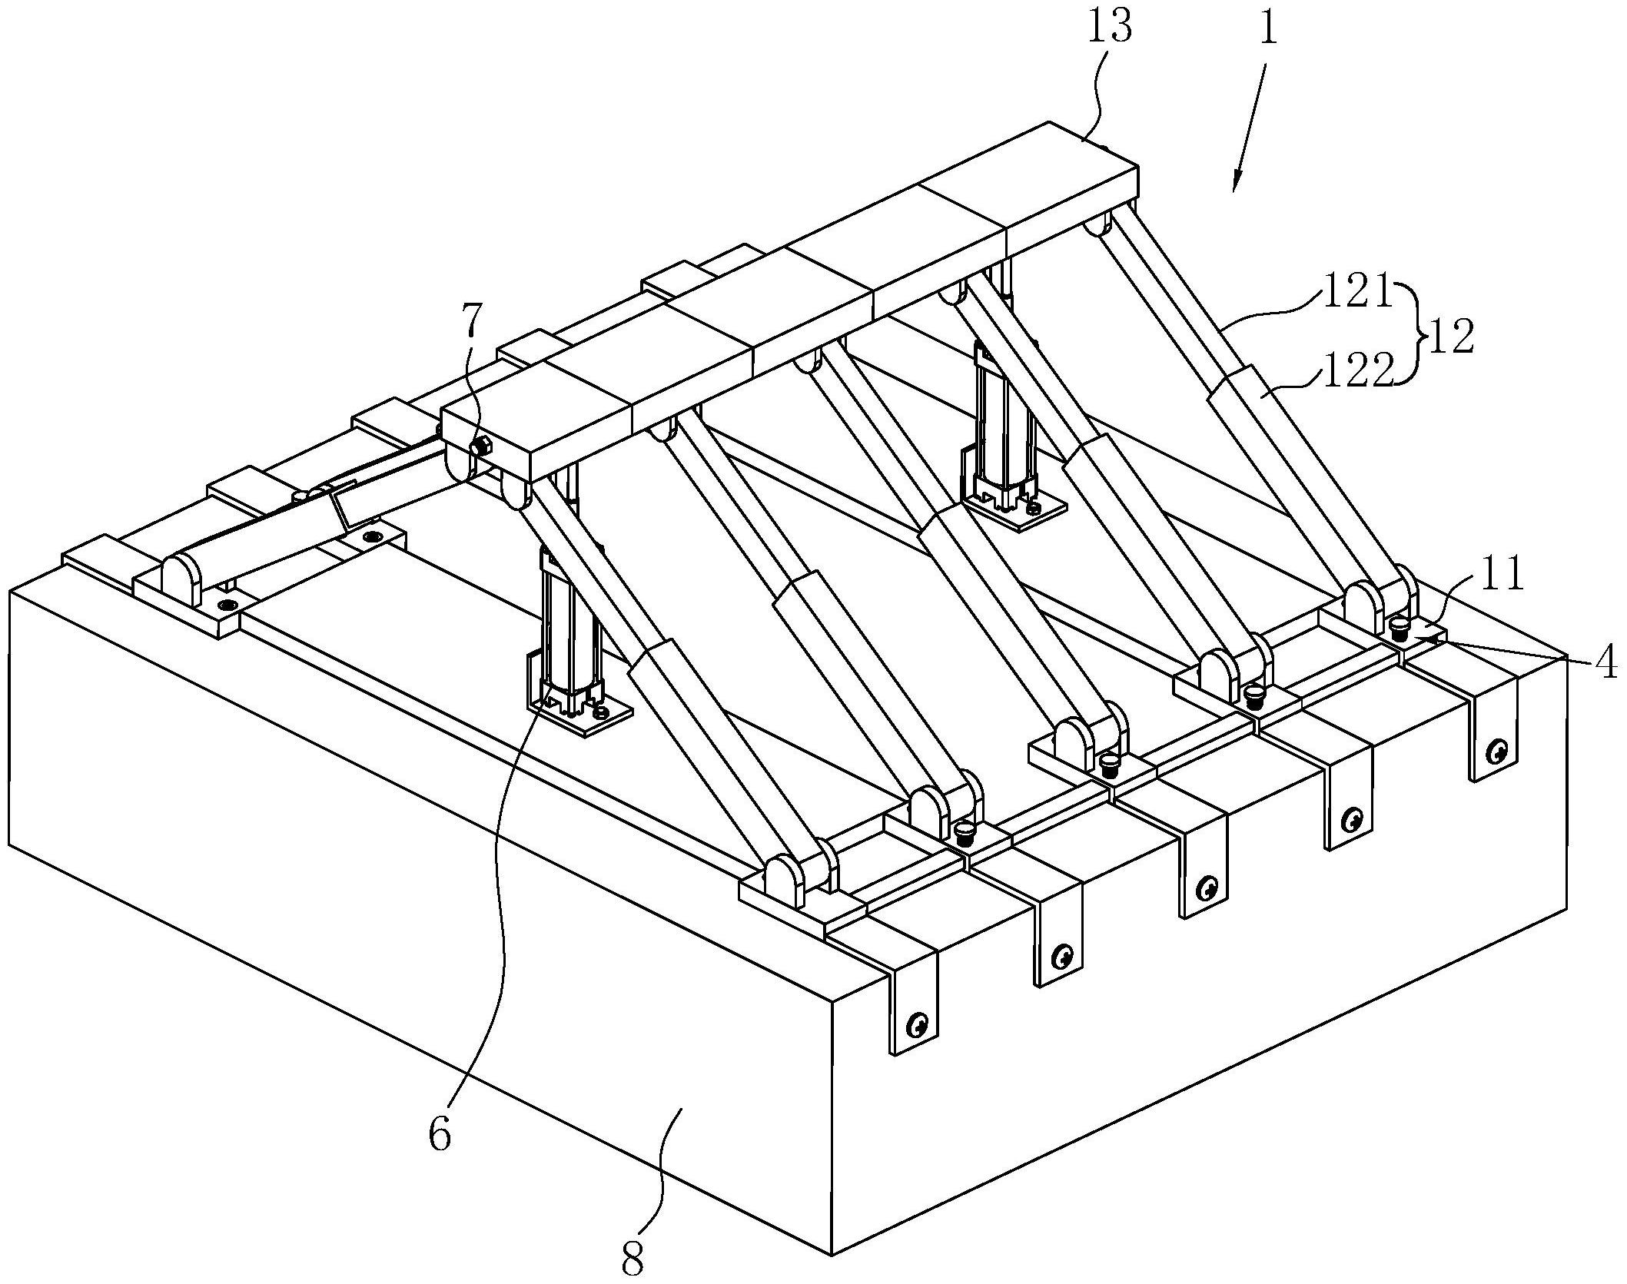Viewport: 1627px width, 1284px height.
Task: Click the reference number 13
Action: pyautogui.click(x=1109, y=28)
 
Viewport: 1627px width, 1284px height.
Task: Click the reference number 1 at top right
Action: pyautogui.click(x=1267, y=28)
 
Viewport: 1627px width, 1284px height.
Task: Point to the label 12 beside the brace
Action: pyautogui.click(x=1449, y=337)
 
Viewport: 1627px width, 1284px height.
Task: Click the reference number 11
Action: pyautogui.click(x=1497, y=578)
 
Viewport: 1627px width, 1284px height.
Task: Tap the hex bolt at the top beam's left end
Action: pyautogui.click(x=482, y=445)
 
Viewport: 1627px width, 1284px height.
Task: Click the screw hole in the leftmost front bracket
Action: pyautogui.click(x=917, y=1024)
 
